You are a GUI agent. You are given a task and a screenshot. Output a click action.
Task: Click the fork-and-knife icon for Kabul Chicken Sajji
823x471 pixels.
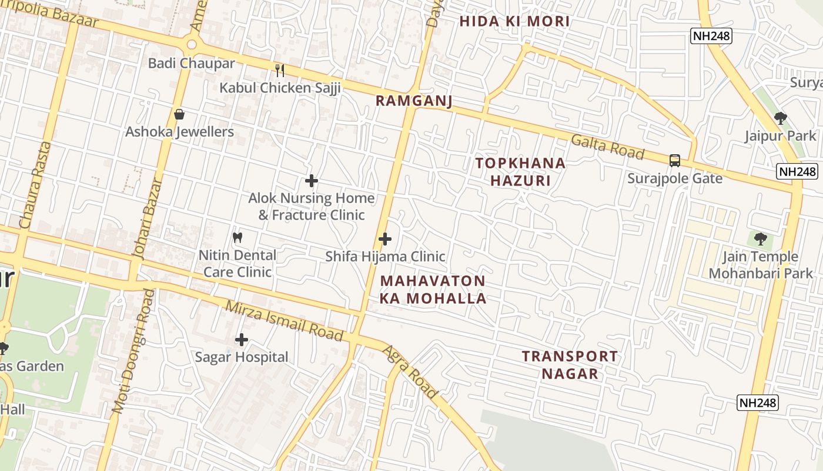(x=280, y=71)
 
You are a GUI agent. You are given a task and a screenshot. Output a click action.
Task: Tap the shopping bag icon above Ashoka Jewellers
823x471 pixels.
(x=179, y=114)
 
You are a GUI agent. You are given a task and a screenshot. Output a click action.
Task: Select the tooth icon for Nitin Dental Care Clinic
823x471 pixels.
(x=237, y=238)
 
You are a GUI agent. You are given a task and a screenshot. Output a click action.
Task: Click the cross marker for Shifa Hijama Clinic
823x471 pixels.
(x=385, y=239)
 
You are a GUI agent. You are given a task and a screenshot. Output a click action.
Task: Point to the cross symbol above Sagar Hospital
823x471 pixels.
(x=242, y=340)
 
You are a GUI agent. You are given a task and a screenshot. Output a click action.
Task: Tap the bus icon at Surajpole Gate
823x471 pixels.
(x=675, y=160)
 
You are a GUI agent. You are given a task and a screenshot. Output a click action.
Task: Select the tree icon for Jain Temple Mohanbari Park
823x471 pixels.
(x=761, y=239)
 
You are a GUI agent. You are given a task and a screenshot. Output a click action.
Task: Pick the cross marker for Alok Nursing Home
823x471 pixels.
(x=312, y=181)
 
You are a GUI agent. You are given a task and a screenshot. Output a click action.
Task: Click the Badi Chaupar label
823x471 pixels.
(x=191, y=63)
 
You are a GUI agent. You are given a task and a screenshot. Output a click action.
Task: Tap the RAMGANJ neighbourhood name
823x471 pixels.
(x=414, y=101)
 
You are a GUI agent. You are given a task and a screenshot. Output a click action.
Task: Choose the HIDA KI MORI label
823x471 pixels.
(x=514, y=22)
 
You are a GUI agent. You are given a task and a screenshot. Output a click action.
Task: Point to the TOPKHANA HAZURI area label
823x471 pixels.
(x=520, y=171)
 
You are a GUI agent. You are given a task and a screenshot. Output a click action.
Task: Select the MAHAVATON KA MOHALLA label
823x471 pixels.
(x=433, y=289)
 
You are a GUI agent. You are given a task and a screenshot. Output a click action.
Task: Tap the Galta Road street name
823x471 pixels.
(x=607, y=146)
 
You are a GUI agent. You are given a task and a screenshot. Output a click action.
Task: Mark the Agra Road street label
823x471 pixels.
(x=410, y=372)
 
